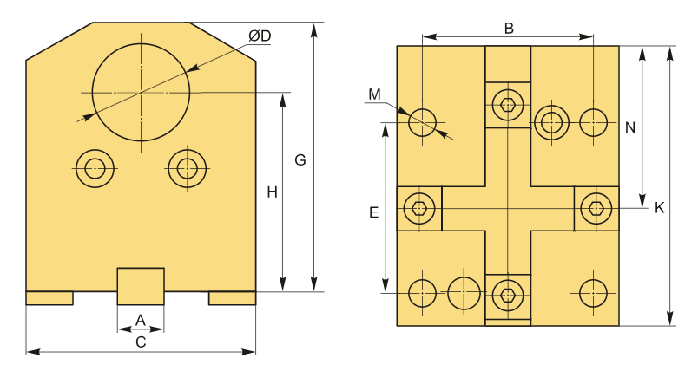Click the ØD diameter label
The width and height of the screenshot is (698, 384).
point(260,36)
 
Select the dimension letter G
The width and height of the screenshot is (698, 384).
point(300,160)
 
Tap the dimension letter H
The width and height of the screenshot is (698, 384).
point(272,192)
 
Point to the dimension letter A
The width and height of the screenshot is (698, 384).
point(141,320)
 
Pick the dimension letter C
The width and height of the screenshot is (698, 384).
point(141,342)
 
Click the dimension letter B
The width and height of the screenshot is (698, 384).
point(509,29)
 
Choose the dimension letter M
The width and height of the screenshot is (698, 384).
point(375,94)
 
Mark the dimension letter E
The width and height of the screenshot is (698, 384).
point(374,212)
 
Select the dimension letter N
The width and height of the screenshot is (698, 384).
point(630,128)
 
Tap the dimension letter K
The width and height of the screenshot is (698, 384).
point(660,207)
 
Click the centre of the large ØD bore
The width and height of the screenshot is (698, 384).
point(142,93)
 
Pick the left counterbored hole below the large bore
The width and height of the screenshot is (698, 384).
point(95,168)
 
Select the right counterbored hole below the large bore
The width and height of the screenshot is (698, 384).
point(187,168)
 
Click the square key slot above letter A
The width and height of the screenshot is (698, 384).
point(141,286)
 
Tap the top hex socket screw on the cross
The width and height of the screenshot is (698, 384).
point(508,105)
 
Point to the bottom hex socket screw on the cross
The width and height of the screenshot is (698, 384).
point(508,295)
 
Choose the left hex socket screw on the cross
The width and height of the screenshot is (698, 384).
point(419,208)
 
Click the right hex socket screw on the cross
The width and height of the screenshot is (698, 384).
point(596,208)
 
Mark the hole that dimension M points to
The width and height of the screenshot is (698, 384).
point(422,122)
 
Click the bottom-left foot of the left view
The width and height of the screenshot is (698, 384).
point(49,298)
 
